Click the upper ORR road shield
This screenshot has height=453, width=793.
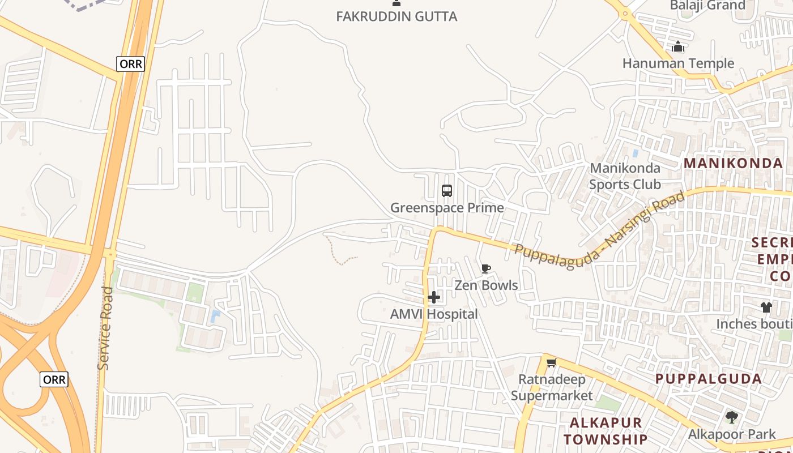coord(130,64)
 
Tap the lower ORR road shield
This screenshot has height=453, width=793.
coord(54,379)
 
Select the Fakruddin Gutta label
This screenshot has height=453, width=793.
coord(396,16)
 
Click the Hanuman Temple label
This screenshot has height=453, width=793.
coord(678,63)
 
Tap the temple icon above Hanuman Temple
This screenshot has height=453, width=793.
coord(678,47)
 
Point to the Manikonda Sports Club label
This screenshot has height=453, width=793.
coord(625,176)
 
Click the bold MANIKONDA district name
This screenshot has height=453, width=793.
coord(733,164)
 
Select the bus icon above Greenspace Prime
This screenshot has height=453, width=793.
coord(447,191)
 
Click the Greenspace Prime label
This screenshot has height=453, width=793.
coord(447,208)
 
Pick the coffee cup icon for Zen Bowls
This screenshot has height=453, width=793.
coord(485,269)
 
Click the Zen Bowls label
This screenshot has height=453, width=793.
coord(486,285)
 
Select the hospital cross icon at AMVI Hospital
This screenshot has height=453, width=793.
coord(434,297)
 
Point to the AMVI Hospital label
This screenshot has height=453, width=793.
coord(434,314)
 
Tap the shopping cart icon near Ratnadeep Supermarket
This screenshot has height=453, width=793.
coord(551,362)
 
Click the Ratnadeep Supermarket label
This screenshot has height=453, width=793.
coord(552,387)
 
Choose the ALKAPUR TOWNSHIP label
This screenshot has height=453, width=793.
coord(606,431)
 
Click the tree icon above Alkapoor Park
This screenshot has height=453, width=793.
coord(732,418)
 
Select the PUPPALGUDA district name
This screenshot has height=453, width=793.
coord(709,379)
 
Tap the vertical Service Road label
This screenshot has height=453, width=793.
coord(105,328)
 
